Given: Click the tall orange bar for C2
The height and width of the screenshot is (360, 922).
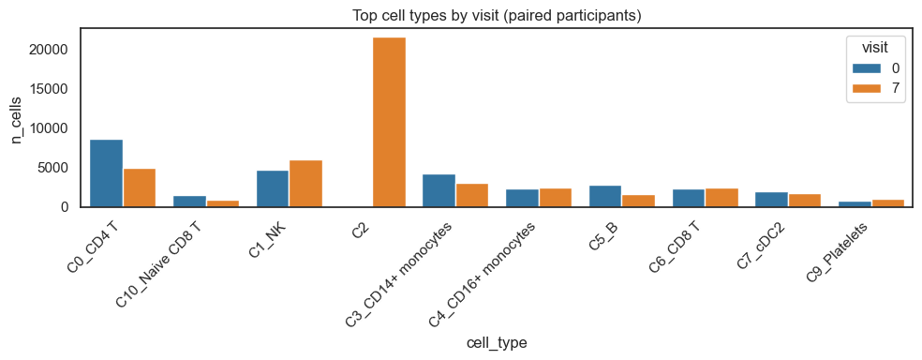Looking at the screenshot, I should (x=389, y=122).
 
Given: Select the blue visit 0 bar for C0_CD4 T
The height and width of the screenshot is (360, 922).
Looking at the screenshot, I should (x=106, y=173).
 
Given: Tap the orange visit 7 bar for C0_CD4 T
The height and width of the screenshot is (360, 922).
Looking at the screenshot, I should (x=140, y=187).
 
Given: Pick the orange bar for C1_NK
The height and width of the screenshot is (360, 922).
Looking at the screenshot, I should (x=305, y=184).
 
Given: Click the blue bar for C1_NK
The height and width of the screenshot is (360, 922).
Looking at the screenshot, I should (x=273, y=188).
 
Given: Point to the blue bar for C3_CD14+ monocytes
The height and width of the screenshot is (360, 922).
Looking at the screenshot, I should (x=439, y=190).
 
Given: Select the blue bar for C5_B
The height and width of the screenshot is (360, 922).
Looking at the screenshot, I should (x=605, y=196).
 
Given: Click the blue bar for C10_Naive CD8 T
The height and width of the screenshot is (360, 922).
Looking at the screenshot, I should (x=189, y=201).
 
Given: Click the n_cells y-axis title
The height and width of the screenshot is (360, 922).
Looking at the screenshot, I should (x=17, y=117).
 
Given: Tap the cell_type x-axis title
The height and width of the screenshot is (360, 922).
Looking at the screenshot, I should (x=496, y=343).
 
